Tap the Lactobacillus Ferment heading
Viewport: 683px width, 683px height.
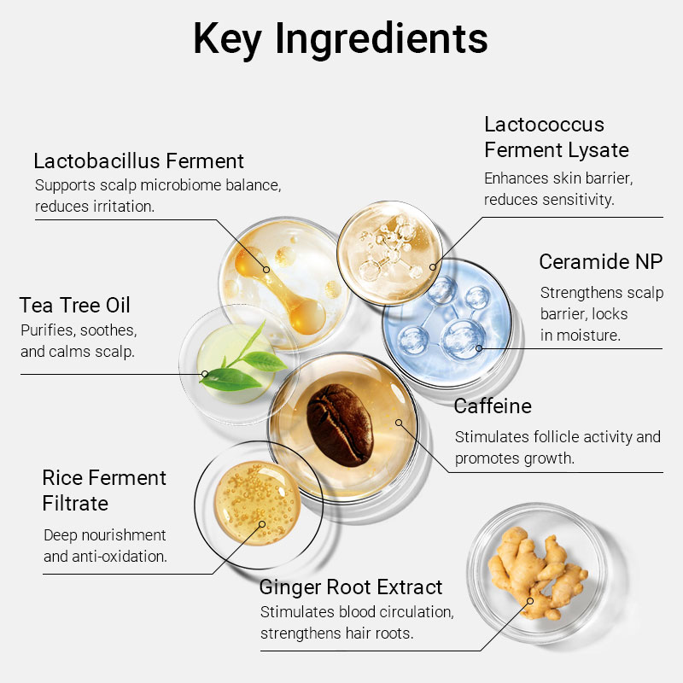coord(138,161)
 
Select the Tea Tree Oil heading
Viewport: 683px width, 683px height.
coord(75,305)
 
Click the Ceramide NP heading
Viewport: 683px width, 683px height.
coord(601,261)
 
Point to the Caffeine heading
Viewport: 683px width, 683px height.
coord(493,406)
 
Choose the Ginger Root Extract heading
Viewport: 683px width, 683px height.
coord(351,587)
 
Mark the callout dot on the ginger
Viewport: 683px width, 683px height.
coord(529,601)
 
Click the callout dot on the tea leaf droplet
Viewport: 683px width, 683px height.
coord(205,373)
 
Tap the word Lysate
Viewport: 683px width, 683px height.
coord(595,150)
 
